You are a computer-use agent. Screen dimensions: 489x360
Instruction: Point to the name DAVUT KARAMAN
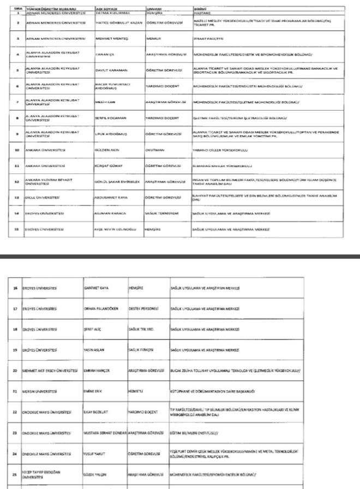[108, 71]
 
